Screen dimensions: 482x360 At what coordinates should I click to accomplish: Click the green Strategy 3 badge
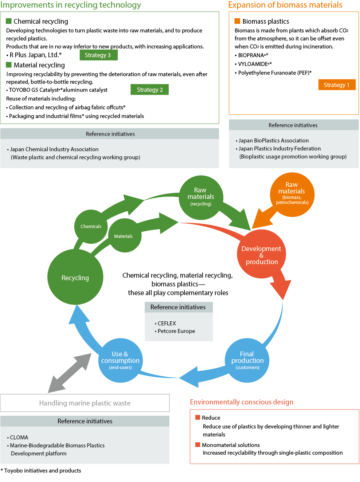click(98, 55)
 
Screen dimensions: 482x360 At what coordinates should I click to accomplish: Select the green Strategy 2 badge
click(149, 90)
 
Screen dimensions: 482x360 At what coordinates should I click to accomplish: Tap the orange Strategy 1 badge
click(336, 85)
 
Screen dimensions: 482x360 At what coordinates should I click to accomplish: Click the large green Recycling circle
click(75, 278)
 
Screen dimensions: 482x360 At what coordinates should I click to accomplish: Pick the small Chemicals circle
click(91, 226)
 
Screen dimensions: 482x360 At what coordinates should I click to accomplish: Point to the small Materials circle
click(124, 236)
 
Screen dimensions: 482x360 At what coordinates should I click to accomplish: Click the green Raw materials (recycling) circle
click(201, 197)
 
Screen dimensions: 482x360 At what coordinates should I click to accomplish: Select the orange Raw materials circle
click(292, 194)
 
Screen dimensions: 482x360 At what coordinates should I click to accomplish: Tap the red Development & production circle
click(261, 255)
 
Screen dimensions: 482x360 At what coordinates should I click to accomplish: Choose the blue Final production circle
click(247, 360)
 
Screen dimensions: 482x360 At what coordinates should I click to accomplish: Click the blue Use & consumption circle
click(120, 360)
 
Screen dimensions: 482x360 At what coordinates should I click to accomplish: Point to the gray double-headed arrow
click(70, 372)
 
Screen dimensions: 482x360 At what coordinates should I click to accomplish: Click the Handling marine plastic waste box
click(85, 403)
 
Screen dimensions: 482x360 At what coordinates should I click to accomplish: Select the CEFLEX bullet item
click(167, 323)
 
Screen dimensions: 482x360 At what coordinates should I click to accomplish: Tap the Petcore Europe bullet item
click(176, 331)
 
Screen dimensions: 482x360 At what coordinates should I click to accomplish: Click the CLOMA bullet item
click(19, 437)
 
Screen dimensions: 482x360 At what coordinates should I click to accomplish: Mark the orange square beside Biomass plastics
click(237, 21)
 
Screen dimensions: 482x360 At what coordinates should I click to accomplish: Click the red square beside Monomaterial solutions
click(198, 444)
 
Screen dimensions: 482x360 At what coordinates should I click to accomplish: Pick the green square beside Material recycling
click(9, 65)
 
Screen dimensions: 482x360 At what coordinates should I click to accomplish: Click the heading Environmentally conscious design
click(242, 402)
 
